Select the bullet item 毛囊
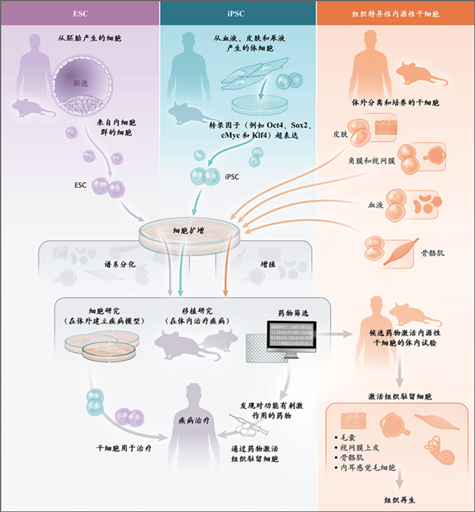(x=348, y=437)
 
